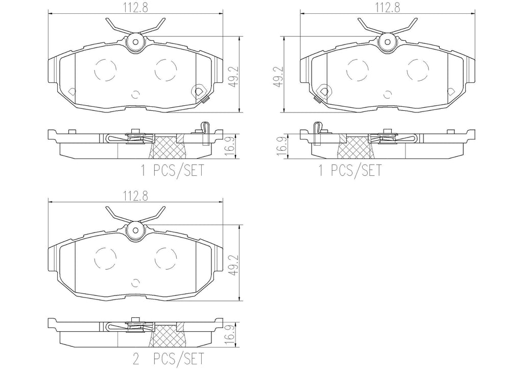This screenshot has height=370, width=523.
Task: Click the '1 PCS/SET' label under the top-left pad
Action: pos(172,171)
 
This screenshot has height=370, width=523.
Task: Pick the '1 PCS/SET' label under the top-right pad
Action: pos(350,171)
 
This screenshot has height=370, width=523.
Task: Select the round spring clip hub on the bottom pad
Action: pos(136,230)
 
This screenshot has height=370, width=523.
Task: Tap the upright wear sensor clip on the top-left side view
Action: pos(204,132)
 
